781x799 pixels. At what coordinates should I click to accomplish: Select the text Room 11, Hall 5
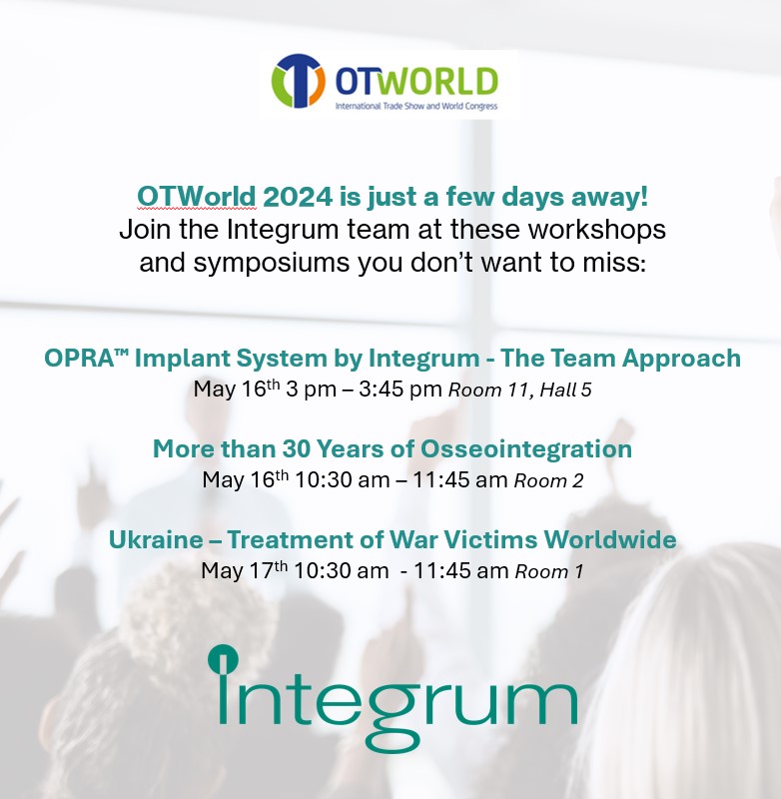(x=519, y=390)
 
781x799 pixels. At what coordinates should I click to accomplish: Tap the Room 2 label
(x=548, y=480)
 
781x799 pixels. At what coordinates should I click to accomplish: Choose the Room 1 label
(x=548, y=571)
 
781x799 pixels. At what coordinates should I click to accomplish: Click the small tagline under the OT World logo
(x=415, y=105)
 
